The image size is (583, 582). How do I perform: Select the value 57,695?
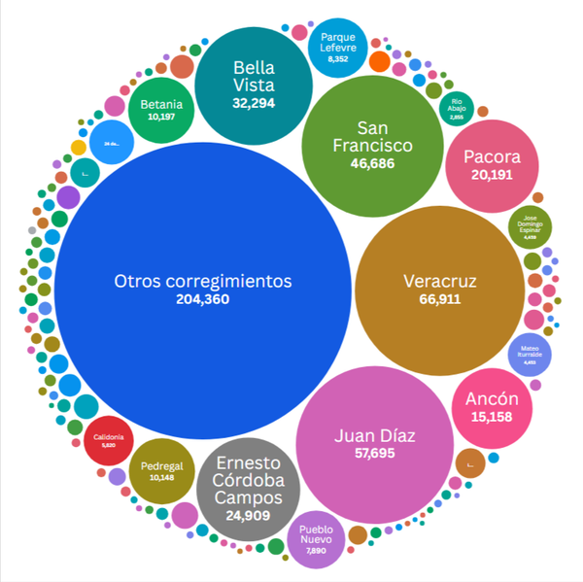coord(374,453)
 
